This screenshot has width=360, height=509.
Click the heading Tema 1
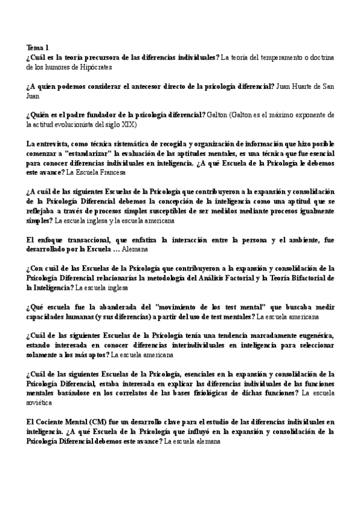[38, 47]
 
